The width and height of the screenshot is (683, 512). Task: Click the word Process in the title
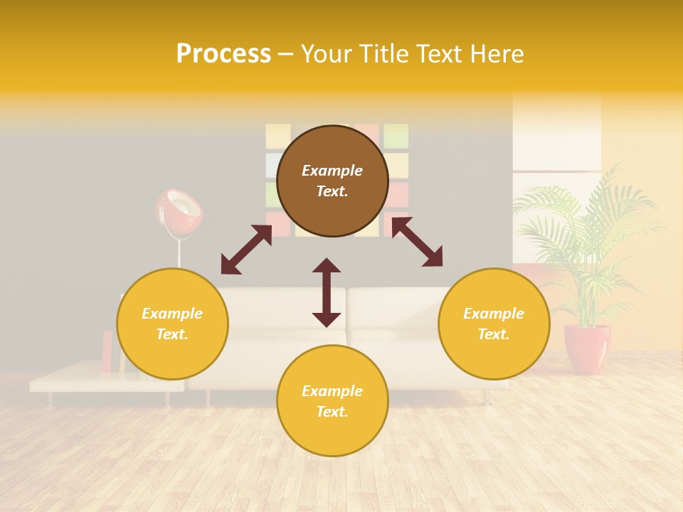click(223, 54)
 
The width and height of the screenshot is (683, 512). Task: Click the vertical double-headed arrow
click(327, 292)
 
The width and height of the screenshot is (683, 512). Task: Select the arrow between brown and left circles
click(246, 250)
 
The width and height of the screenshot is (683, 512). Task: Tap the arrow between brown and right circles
click(417, 242)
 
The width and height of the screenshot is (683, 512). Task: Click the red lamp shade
click(178, 209)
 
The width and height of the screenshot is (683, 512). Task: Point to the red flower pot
click(587, 348)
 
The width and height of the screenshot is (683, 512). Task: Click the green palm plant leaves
click(583, 228)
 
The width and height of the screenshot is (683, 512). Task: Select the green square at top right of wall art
click(396, 136)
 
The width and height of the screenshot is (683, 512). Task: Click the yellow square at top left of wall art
click(277, 136)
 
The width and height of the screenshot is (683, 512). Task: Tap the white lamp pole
click(179, 252)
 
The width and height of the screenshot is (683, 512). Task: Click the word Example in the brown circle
click(332, 171)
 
